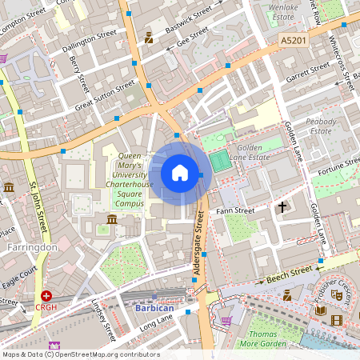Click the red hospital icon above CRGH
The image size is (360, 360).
coord(46,295)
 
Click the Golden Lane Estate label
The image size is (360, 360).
coord(258,153)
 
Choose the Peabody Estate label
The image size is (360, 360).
coord(321,126)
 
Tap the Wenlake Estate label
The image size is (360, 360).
coord(289,10)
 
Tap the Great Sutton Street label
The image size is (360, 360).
coord(106,95)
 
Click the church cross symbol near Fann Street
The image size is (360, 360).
coord(282,207)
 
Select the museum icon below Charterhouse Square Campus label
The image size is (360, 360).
coord(111,219)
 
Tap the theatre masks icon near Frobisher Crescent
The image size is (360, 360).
coord(338,295)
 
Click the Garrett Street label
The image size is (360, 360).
coord(307,71)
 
